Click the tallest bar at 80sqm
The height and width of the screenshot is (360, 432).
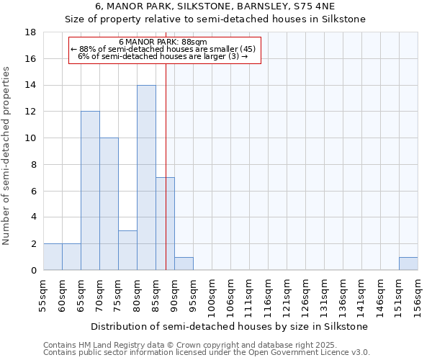(146, 178)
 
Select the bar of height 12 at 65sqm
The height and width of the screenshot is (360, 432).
(90, 191)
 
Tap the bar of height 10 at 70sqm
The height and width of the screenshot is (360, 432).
(109, 204)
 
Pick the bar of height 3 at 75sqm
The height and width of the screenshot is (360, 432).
(127, 250)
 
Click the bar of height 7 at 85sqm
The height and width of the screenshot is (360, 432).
(165, 223)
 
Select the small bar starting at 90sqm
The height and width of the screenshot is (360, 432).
(184, 264)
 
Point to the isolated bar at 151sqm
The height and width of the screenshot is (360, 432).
(408, 264)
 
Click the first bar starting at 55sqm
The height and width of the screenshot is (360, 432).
(53, 257)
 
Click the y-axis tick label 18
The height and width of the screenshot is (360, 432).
(30, 32)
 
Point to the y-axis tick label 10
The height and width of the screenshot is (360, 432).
(30, 138)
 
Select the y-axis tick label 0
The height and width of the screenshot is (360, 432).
(33, 271)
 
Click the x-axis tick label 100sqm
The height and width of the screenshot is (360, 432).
(212, 295)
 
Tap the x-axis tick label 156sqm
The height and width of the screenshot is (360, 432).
(418, 295)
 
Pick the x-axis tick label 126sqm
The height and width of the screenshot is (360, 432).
(305, 295)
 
